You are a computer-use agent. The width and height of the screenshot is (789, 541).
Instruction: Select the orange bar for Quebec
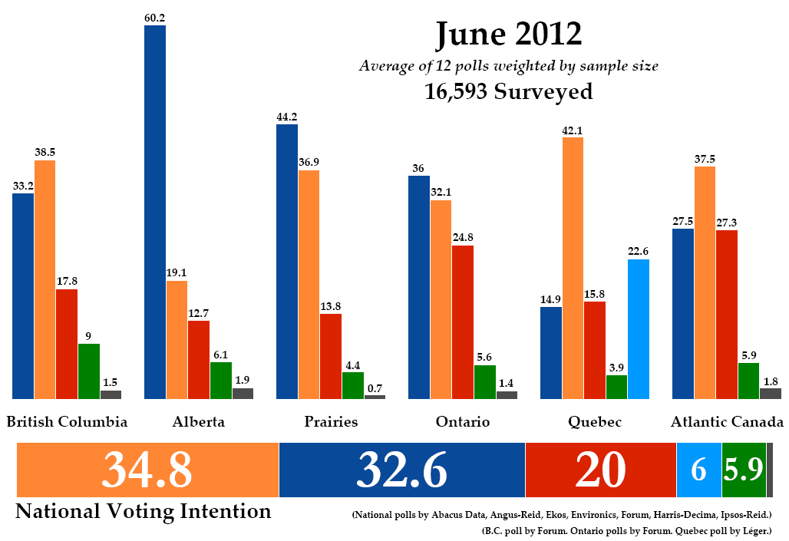click(573, 268)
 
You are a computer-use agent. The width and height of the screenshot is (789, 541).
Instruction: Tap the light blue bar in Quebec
click(639, 329)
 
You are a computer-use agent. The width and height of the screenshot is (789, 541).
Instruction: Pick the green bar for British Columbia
click(89, 371)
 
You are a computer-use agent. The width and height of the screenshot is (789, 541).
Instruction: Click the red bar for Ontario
click(463, 322)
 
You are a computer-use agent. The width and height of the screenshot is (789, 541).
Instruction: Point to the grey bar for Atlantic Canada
click(771, 394)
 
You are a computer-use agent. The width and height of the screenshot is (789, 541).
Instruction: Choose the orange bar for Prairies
click(309, 284)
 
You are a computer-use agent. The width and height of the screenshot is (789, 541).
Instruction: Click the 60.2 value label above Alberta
click(154, 16)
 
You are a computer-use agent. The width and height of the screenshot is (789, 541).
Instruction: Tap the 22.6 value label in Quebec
click(639, 251)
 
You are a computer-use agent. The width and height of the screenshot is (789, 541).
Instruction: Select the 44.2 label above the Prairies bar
click(287, 116)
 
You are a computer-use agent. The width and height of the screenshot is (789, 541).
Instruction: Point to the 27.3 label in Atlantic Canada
click(727, 222)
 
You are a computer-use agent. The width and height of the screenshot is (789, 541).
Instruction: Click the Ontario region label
click(462, 421)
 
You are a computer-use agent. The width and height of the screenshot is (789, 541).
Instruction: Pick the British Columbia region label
click(67, 421)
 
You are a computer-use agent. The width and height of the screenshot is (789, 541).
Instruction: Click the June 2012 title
click(509, 35)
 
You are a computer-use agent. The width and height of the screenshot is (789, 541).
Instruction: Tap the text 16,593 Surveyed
click(509, 92)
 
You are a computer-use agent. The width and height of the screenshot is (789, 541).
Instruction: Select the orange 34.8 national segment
click(147, 470)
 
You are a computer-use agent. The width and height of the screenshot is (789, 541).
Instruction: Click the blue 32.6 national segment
click(401, 470)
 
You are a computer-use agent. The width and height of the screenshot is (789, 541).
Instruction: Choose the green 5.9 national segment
click(743, 470)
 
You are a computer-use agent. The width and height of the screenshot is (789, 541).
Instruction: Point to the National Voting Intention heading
click(144, 511)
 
